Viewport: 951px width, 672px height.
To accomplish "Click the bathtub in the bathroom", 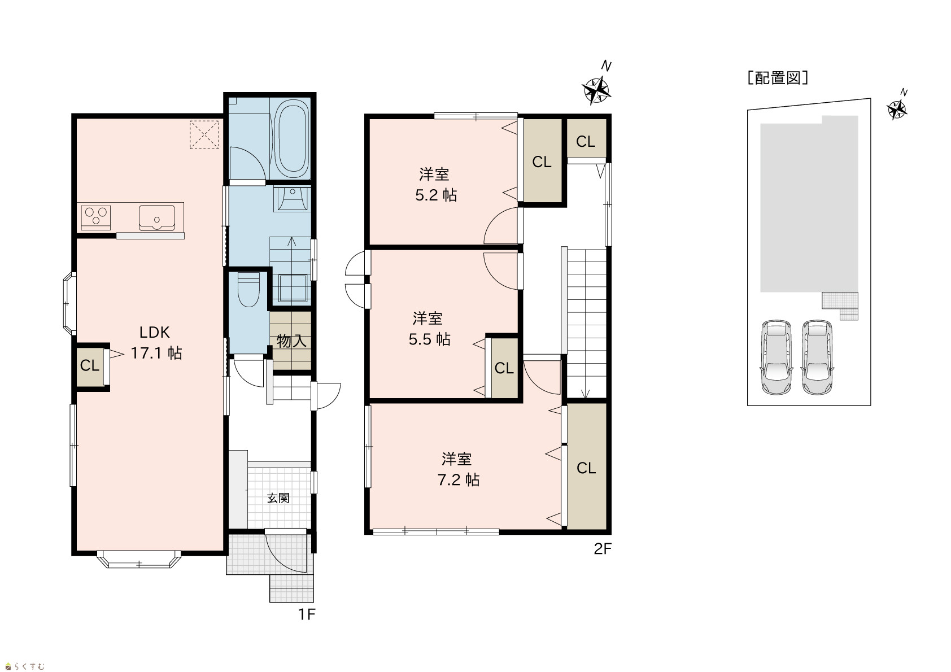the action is pyautogui.click(x=291, y=139).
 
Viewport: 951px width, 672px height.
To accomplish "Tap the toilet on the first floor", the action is pyautogui.click(x=248, y=289).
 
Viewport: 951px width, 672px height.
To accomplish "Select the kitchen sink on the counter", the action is pyautogui.click(x=156, y=218).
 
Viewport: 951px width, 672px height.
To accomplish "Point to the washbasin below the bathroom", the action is pyautogui.click(x=293, y=198).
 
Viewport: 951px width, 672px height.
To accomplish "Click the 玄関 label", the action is pyautogui.click(x=278, y=498).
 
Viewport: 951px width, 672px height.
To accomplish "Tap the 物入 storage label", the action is pyautogui.click(x=291, y=341).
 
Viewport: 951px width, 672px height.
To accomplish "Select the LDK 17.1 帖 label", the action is pyautogui.click(x=156, y=343).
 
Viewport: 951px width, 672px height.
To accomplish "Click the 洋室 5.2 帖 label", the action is pyautogui.click(x=435, y=185).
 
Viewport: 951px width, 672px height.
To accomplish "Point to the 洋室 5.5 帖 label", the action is pyautogui.click(x=429, y=329).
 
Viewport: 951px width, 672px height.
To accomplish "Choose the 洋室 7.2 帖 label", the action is pyautogui.click(x=458, y=469).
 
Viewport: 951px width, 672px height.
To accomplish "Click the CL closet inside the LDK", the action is pyautogui.click(x=90, y=365).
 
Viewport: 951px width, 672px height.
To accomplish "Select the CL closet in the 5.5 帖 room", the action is pyautogui.click(x=504, y=368).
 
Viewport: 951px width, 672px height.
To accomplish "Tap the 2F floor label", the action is pyautogui.click(x=603, y=549).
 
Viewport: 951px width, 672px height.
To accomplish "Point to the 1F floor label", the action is pyautogui.click(x=307, y=614).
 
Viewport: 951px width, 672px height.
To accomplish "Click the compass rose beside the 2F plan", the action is pyautogui.click(x=596, y=90).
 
